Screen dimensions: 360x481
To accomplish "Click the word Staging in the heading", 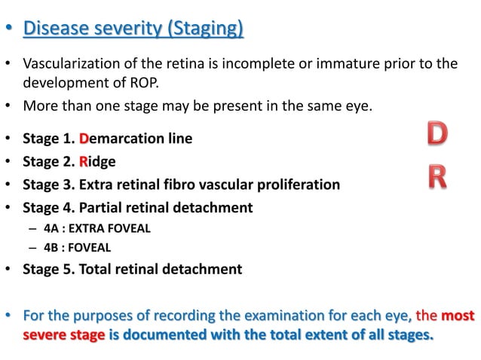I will [x=209, y=30].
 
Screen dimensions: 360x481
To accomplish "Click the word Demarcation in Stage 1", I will [x=117, y=139].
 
